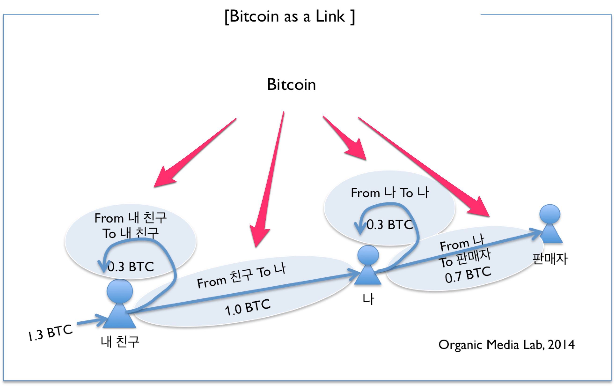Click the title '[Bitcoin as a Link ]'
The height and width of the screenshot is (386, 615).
pyautogui.click(x=289, y=17)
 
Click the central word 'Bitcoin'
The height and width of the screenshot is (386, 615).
pyautogui.click(x=291, y=85)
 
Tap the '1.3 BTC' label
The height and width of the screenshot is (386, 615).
pyautogui.click(x=50, y=333)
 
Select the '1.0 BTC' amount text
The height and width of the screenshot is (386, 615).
pyautogui.click(x=247, y=307)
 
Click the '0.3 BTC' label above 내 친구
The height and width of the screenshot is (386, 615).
pyautogui.click(x=130, y=267)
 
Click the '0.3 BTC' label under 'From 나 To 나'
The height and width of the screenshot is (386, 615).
pyautogui.click(x=389, y=225)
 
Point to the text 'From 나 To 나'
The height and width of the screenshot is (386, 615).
pyautogui.click(x=390, y=193)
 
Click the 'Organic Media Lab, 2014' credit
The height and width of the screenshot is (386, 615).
pyautogui.click(x=506, y=345)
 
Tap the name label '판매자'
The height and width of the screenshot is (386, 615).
pyautogui.click(x=550, y=259)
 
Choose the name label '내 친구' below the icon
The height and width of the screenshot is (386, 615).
pyautogui.click(x=120, y=341)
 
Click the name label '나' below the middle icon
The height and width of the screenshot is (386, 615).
pyautogui.click(x=368, y=299)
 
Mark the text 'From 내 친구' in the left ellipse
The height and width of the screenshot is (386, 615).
pyautogui.click(x=130, y=218)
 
